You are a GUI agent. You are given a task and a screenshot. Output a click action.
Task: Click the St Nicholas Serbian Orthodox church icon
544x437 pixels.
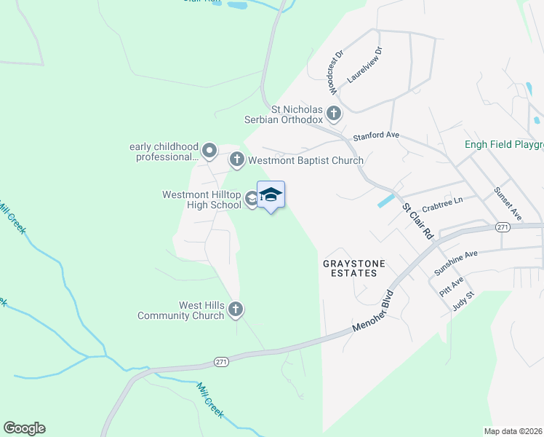[334, 113]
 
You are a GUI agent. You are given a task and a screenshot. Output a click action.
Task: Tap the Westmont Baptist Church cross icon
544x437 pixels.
[236, 160]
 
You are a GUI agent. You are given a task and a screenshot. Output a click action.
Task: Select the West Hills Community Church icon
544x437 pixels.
[235, 310]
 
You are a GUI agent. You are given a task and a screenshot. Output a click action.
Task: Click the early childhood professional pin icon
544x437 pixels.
[209, 151]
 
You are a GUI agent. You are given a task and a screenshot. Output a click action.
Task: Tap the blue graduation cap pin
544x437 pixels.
[271, 195]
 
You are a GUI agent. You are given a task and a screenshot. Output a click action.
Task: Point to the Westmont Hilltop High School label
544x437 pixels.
[201, 200]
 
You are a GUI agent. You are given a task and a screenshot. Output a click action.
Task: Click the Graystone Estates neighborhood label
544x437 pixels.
[351, 267]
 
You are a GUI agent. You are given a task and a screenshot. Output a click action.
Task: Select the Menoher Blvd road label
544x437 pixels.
[373, 313]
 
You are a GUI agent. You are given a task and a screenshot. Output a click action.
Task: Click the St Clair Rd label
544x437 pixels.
[418, 221]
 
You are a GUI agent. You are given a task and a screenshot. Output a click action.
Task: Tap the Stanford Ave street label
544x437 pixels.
[376, 135]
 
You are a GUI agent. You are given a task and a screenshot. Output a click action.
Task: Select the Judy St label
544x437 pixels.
[463, 300]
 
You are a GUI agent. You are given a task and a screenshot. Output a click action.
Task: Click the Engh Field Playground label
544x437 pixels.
[504, 144]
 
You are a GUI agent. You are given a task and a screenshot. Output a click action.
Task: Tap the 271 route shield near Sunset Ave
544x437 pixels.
[501, 227]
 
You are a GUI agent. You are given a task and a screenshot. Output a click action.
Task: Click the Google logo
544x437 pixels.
[24, 428]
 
